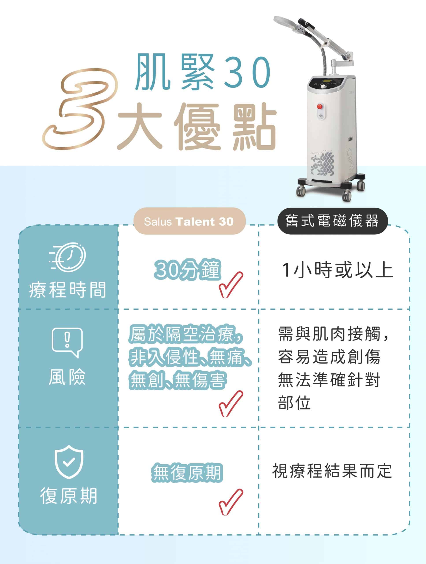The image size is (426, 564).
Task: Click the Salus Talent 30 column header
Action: (189, 221)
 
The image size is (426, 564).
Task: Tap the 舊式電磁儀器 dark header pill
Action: (332, 221)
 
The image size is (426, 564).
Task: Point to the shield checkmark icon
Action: (69, 462)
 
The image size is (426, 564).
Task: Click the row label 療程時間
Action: (68, 290)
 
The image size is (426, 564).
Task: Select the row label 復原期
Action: (69, 496)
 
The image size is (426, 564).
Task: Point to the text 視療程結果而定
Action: (332, 471)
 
